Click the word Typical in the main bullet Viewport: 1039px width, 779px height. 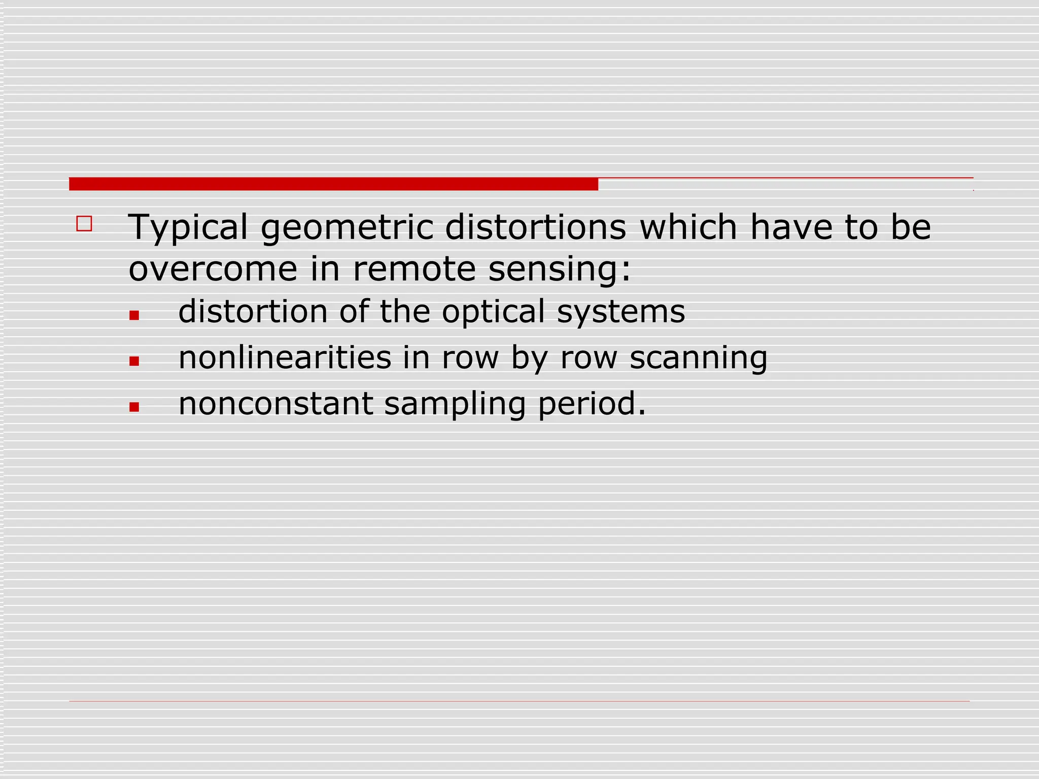[x=188, y=227]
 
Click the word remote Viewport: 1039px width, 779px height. [x=414, y=269]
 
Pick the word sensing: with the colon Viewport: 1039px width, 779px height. [x=560, y=270]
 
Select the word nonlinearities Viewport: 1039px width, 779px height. [x=285, y=358]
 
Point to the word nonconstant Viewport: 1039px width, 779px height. [x=275, y=404]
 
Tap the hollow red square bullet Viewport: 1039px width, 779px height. [x=84, y=224]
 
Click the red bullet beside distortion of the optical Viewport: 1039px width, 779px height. [x=134, y=315]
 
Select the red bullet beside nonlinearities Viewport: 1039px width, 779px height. [x=134, y=361]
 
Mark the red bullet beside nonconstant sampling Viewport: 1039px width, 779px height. [x=134, y=407]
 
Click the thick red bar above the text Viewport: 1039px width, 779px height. [x=333, y=184]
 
